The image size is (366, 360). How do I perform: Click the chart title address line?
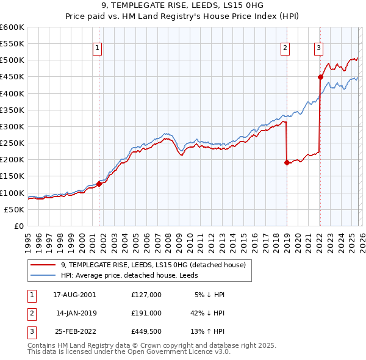183,5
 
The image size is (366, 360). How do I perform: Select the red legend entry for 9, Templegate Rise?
153,265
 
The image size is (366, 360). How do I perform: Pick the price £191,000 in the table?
146,312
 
